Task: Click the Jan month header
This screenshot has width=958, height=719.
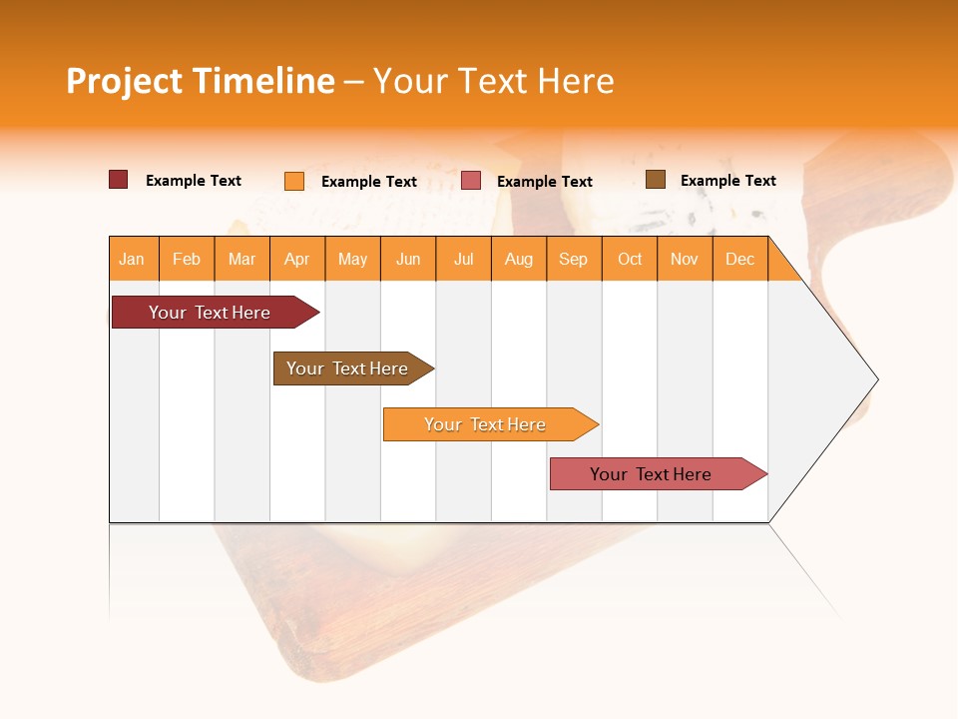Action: tap(132, 260)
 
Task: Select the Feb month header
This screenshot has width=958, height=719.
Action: tap(187, 260)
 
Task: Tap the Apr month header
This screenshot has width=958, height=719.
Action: tap(297, 260)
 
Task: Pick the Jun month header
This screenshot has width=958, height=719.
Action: tap(408, 260)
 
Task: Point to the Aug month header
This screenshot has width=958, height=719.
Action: tap(519, 260)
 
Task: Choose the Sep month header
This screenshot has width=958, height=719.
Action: tap(574, 260)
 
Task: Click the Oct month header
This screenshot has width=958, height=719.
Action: tap(630, 260)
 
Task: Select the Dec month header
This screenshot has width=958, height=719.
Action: tap(740, 260)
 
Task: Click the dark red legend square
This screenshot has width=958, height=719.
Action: tap(119, 180)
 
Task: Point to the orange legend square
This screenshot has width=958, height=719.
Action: tap(294, 181)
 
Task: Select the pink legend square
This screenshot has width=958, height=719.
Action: tap(471, 181)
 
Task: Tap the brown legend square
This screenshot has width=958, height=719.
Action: tap(656, 180)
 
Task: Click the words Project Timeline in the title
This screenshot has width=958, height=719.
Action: tap(201, 81)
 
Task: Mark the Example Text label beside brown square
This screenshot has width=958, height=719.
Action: tap(727, 181)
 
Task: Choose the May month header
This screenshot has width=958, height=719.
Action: tap(352, 260)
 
